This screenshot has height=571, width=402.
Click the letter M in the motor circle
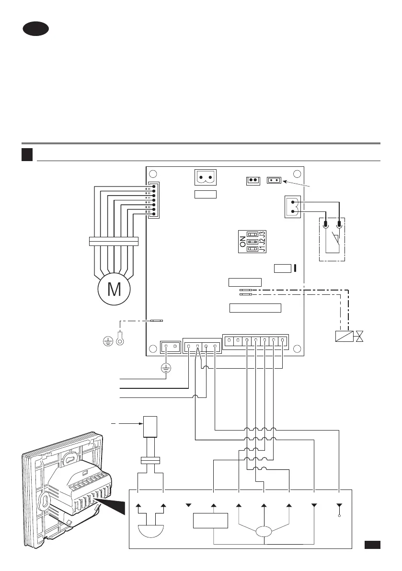tap(114, 290)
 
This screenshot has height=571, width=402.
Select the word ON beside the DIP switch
tap(242, 243)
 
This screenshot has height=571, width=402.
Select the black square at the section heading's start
tap(27, 154)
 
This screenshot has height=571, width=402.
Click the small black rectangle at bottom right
tap(372, 545)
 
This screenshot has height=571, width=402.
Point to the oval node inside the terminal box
tap(264, 532)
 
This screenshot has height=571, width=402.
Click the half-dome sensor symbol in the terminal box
tap(151, 532)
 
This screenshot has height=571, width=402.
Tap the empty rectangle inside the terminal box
tap(210, 521)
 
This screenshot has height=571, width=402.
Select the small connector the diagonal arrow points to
tap(274, 180)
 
